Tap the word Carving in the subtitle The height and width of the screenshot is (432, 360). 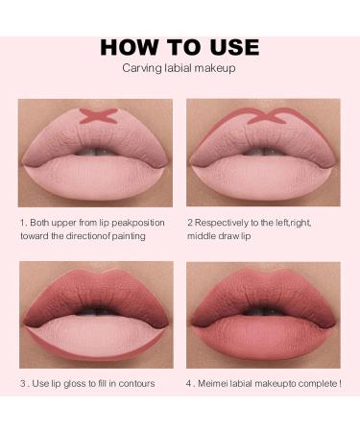tap(139, 68)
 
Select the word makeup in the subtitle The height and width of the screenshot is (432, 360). tap(217, 68)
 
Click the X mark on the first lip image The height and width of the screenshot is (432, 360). tap(96, 116)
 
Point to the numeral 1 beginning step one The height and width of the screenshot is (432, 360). tap(21, 223)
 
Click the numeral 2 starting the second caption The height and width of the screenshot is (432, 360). tap(190, 223)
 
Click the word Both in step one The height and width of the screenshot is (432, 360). tap(41, 223)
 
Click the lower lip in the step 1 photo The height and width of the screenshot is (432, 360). tap(96, 178)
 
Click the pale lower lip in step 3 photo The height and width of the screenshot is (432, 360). tap(96, 336)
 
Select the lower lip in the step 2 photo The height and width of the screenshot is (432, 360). tap(263, 178)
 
